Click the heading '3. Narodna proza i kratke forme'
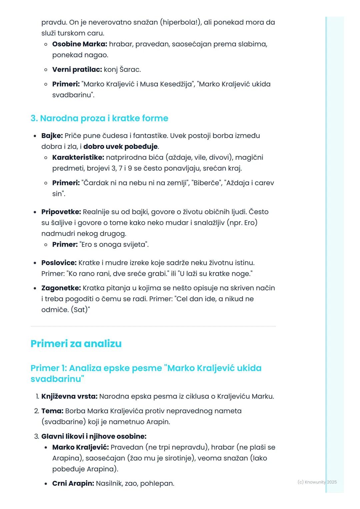[x=99, y=118]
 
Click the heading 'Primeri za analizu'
[x=76, y=343]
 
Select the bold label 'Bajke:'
[x=52, y=136]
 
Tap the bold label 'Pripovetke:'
[x=61, y=212]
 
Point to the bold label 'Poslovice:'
[x=59, y=263]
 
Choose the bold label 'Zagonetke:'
[x=61, y=288]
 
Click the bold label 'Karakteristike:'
[x=78, y=157]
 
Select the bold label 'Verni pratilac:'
[x=77, y=70]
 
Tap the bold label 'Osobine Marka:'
[x=80, y=44]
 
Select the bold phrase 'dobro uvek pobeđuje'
[x=120, y=147]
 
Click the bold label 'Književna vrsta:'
[x=69, y=396]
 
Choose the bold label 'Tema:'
[x=52, y=411]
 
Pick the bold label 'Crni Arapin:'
[x=73, y=483]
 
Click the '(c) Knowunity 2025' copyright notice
[x=317, y=482]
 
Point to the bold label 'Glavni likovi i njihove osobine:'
[x=94, y=436]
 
